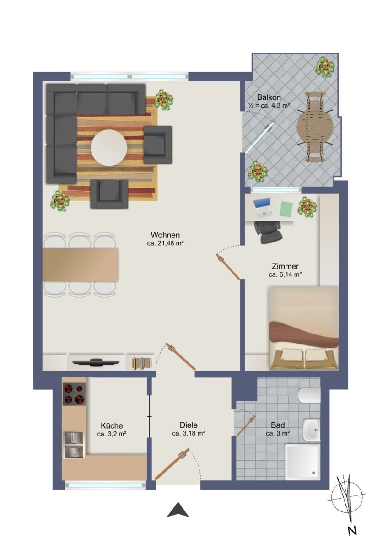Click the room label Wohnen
[x=165, y=235]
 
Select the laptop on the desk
[x=263, y=208]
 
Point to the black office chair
[x=268, y=231]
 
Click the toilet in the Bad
[x=309, y=395]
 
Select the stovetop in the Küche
[x=74, y=393]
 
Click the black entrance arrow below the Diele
[x=178, y=509]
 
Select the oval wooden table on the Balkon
[x=315, y=126]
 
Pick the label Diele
[x=189, y=425]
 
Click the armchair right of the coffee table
[x=157, y=145]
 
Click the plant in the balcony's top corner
[x=325, y=66]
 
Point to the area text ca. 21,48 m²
[x=166, y=243]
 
